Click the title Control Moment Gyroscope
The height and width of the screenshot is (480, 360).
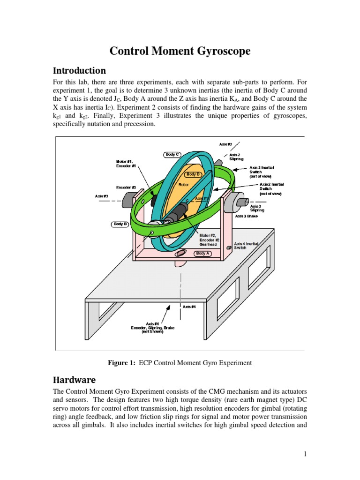[x=180, y=51]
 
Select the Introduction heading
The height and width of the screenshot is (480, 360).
[x=79, y=71]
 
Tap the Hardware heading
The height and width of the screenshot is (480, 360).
[x=75, y=379]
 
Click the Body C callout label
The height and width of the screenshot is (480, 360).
[x=172, y=154]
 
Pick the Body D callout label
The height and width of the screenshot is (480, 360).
[x=193, y=174]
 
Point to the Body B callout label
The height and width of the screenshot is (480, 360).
[x=120, y=224]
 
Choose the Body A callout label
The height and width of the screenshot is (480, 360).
[x=203, y=253]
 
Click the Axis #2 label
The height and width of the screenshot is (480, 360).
[x=225, y=144]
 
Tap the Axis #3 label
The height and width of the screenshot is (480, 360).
[x=102, y=196]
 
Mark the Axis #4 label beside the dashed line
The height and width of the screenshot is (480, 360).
[x=189, y=306]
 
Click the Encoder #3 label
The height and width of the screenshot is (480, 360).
[x=126, y=187]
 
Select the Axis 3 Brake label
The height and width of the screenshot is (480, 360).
[x=247, y=216]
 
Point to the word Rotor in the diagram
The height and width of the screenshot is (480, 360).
[x=183, y=185]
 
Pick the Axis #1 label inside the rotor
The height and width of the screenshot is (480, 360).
[x=202, y=199]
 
